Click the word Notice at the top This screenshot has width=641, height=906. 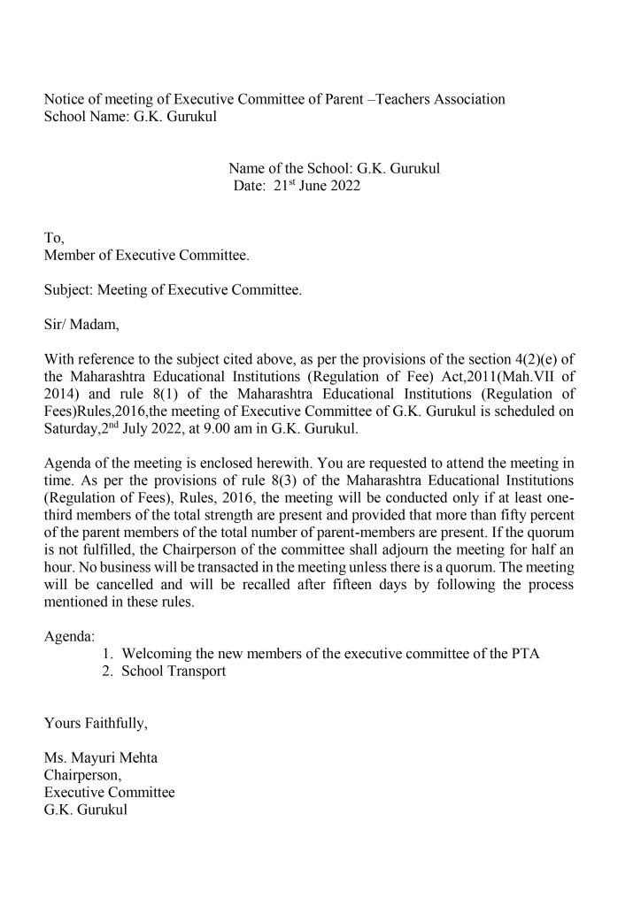66,99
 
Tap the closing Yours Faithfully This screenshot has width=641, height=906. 96,724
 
